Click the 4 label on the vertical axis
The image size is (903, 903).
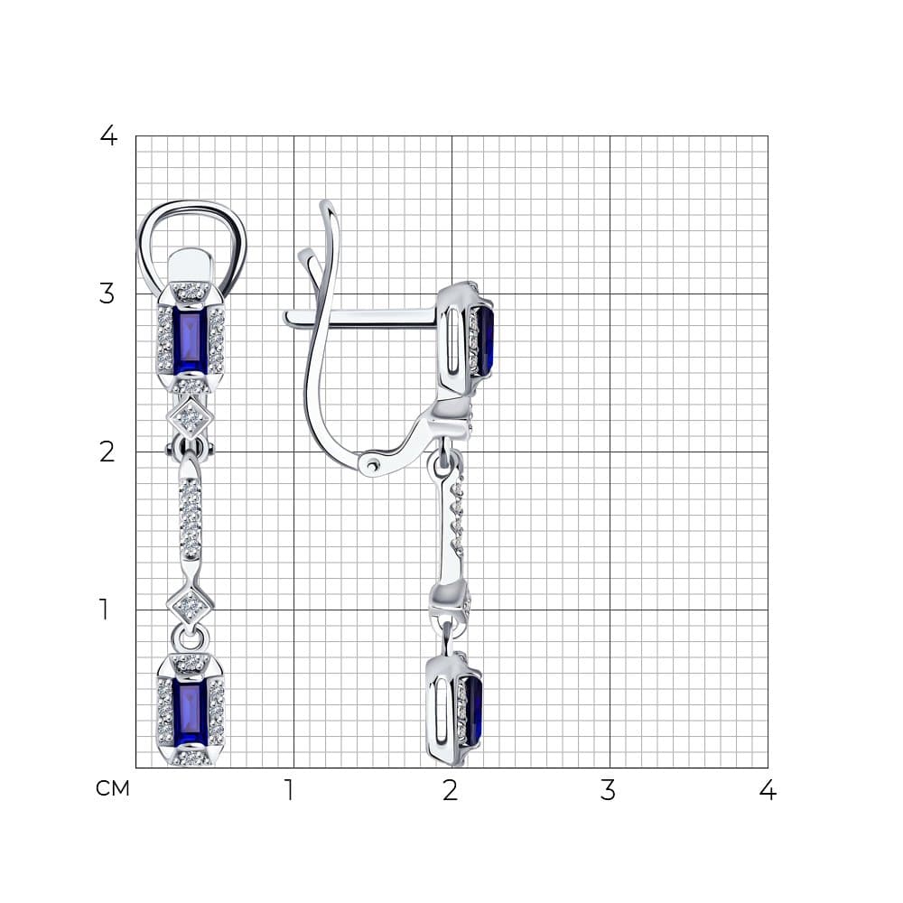[108, 136]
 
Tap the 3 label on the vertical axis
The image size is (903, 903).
[107, 293]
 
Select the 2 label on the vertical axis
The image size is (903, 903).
[107, 452]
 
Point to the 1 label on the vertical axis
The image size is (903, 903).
[104, 610]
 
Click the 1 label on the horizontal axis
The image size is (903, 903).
[290, 790]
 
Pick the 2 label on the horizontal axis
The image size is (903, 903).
[451, 790]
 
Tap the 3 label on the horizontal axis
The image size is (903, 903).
[608, 790]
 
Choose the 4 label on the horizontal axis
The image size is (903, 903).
[768, 790]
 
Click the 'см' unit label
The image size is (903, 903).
[113, 788]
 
